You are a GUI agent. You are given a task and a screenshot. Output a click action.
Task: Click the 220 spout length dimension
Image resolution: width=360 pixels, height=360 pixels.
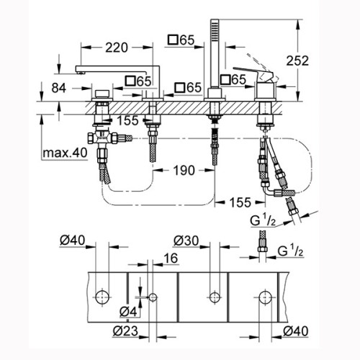[117, 48]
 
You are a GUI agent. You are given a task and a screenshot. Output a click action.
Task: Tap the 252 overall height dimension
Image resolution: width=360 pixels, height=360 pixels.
[297, 60]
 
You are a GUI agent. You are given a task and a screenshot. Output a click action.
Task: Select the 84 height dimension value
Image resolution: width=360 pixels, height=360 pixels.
[59, 88]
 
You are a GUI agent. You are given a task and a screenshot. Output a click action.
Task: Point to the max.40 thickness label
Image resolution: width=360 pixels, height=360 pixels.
[65, 153]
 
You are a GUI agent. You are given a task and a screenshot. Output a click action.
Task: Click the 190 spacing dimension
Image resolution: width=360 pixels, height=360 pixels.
[184, 171]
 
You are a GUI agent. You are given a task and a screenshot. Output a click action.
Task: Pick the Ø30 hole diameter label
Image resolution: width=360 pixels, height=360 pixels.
[186, 240]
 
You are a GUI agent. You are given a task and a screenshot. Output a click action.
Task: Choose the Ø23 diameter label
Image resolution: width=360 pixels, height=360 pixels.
[125, 331]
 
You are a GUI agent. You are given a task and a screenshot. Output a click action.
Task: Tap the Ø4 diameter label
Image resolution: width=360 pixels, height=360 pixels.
[128, 312]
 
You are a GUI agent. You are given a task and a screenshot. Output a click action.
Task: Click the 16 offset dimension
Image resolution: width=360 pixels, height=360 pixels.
[171, 258]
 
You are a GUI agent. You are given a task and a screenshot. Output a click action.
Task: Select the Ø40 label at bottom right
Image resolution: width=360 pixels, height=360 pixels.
[295, 331]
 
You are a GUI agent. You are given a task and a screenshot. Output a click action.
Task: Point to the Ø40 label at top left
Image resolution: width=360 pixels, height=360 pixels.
[72, 240]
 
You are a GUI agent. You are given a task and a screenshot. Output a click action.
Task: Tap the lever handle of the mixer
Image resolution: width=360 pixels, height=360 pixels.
[252, 72]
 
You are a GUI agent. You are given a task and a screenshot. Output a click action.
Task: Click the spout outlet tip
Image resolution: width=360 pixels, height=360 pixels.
[81, 71]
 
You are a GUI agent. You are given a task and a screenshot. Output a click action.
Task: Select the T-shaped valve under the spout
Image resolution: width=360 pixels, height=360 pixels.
[103, 139]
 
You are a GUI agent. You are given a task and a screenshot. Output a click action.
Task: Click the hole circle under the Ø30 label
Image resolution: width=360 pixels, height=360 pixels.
[215, 297]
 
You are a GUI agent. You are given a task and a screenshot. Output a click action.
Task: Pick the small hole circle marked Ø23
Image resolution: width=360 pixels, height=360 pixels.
[153, 297]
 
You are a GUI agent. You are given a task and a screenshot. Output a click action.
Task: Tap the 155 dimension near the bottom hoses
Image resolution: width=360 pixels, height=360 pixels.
[240, 202]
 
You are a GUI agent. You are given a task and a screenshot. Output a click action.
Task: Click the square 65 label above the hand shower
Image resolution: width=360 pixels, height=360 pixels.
[181, 40]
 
